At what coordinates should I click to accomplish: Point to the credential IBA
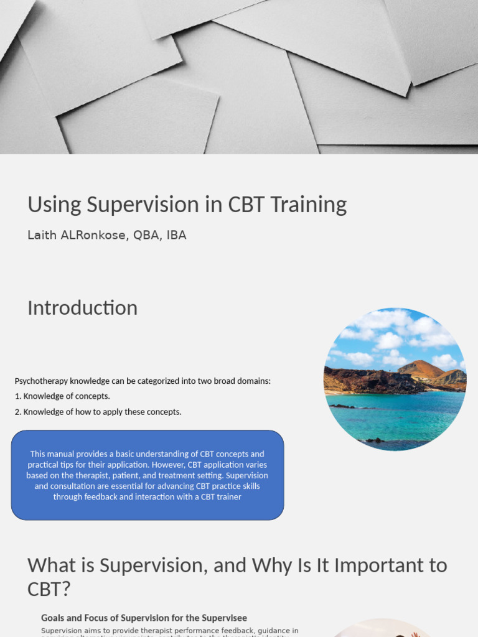(x=176, y=235)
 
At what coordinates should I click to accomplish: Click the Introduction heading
(x=82, y=308)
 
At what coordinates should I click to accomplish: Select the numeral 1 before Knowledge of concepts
(x=17, y=396)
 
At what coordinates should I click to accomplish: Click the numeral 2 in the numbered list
(x=17, y=412)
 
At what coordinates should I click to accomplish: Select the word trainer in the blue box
(x=228, y=497)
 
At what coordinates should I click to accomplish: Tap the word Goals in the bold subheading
(x=53, y=618)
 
